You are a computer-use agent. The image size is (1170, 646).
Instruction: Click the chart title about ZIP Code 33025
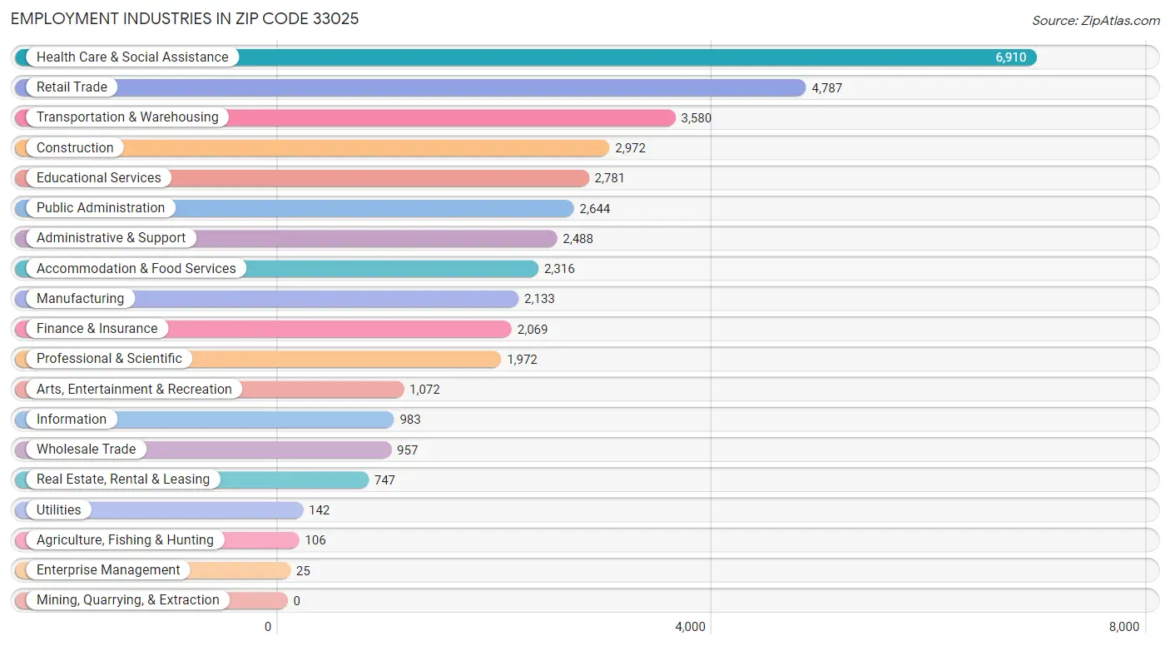point(185,18)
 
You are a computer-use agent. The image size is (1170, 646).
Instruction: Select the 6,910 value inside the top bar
point(1010,57)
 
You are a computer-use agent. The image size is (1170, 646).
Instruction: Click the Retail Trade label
point(72,87)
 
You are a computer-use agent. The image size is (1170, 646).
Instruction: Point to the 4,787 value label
point(826,87)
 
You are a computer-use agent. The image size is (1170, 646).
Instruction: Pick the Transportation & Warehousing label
point(127,117)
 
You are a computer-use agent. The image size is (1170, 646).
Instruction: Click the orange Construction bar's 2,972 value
point(630,148)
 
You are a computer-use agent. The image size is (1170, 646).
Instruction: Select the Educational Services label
point(98,178)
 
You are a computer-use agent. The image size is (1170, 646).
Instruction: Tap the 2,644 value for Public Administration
point(594,208)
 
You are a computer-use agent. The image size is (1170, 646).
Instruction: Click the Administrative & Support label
point(111,238)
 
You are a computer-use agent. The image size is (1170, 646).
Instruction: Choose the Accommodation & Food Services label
point(136,268)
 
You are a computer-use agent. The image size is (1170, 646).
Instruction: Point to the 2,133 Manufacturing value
point(539,299)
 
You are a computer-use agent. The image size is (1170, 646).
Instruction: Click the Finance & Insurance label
point(97,329)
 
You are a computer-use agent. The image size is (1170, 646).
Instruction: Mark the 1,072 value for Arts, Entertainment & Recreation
point(424,389)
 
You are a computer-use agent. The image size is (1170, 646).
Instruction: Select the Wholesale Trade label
point(86,450)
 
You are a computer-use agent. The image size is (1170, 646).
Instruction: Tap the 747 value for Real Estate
point(384,480)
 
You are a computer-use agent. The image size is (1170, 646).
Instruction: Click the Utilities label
point(58,509)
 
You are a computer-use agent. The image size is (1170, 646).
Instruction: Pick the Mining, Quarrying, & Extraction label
point(127,600)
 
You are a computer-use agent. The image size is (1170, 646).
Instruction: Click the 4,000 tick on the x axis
point(690,627)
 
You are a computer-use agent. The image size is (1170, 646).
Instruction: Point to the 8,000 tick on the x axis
point(1123,627)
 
